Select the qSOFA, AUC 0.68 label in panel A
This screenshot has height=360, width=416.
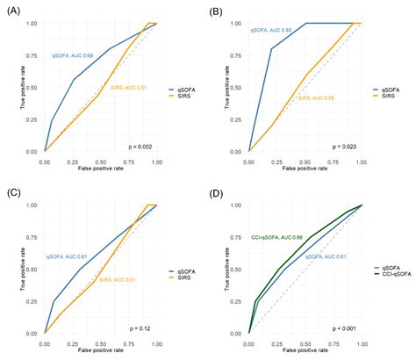(x=72, y=55)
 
